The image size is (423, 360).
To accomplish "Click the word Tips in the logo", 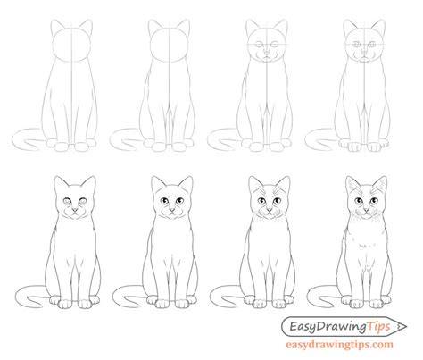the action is pos(377,326).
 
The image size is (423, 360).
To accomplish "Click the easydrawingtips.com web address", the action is pos(339,345).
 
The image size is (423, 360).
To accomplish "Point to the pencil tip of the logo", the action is pos(404,326).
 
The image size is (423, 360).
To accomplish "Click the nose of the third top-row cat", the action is pos(267,54).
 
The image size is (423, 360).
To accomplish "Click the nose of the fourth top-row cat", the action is pos(364,55).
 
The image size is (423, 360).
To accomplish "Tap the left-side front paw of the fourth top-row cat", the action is pos(354,147).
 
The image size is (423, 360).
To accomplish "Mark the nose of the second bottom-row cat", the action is pos(172,211).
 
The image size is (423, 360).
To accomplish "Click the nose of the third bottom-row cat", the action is pos(270,211).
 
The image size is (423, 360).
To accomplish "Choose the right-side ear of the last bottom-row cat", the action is pos(380,185).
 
